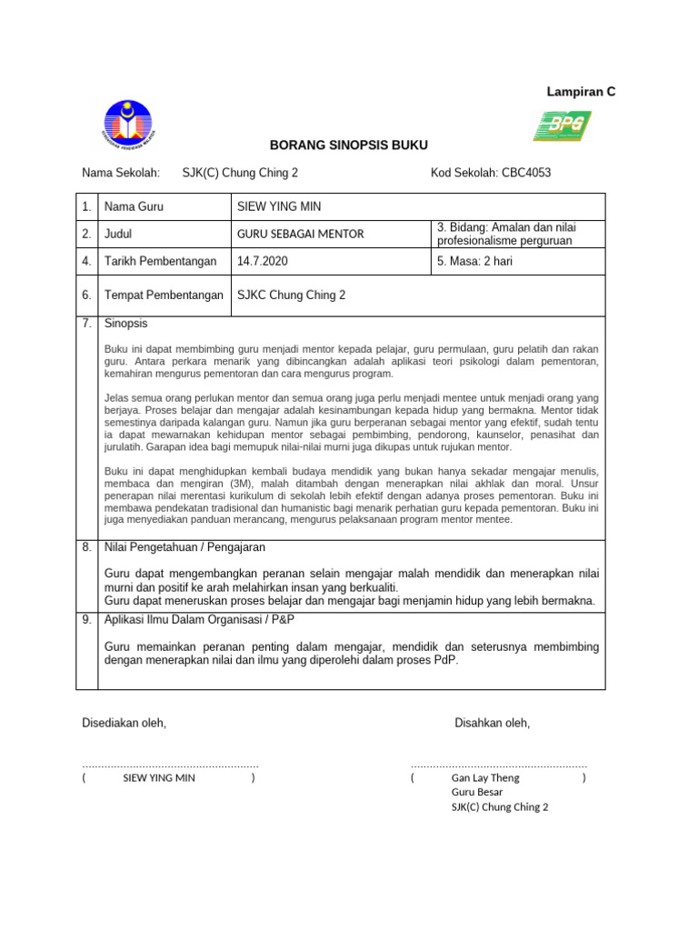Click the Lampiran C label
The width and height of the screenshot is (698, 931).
(x=580, y=92)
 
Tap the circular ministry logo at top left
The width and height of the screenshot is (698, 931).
(x=128, y=125)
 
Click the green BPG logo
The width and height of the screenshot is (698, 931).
(x=562, y=125)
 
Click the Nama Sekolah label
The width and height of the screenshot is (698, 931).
(x=121, y=173)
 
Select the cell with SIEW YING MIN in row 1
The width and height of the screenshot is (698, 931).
(x=278, y=206)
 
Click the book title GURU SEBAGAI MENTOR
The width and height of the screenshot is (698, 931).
(x=300, y=234)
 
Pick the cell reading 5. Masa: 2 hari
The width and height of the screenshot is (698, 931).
(x=476, y=261)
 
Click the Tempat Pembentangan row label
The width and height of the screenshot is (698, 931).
(x=164, y=295)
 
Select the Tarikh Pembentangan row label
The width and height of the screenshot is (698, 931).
(x=161, y=261)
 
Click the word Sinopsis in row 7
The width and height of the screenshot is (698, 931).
(x=126, y=324)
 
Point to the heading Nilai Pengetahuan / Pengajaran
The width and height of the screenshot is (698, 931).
(x=185, y=547)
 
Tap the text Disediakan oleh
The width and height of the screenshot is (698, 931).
(x=125, y=723)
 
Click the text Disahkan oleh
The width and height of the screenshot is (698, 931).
(x=492, y=723)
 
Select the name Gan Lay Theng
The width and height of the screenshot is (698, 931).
(x=485, y=778)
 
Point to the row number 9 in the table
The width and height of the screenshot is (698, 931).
(x=86, y=619)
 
